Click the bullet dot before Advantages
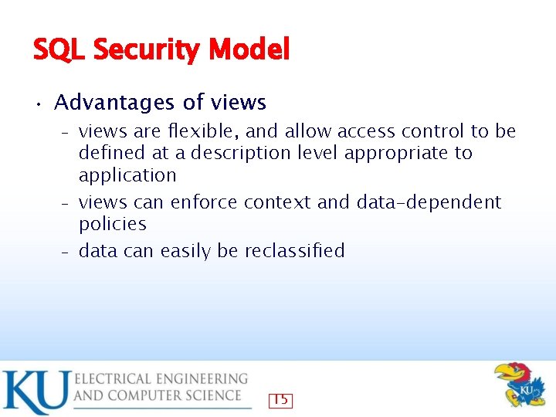[x=37, y=103]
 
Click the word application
[x=127, y=175]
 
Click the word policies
[x=113, y=224]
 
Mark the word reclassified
[x=294, y=251]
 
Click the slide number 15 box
[x=280, y=400]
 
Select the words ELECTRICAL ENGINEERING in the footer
[x=161, y=378]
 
